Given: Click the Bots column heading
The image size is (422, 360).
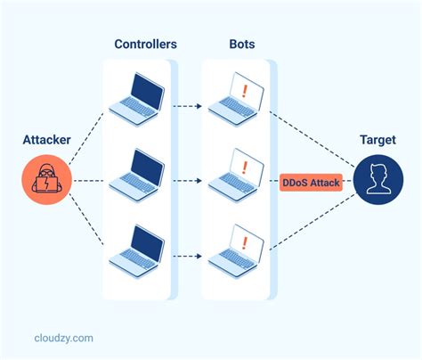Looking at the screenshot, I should (x=238, y=45).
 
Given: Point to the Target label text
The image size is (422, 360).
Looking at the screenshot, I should (x=377, y=140).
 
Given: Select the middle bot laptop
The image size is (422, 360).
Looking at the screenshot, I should (x=236, y=173).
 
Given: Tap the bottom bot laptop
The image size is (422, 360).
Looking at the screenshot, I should (x=236, y=248).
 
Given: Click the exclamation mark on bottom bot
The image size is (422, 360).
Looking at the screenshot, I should (x=242, y=239).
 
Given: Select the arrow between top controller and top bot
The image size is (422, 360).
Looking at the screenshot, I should (x=188, y=108).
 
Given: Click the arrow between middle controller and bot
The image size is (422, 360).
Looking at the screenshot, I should (x=188, y=182).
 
